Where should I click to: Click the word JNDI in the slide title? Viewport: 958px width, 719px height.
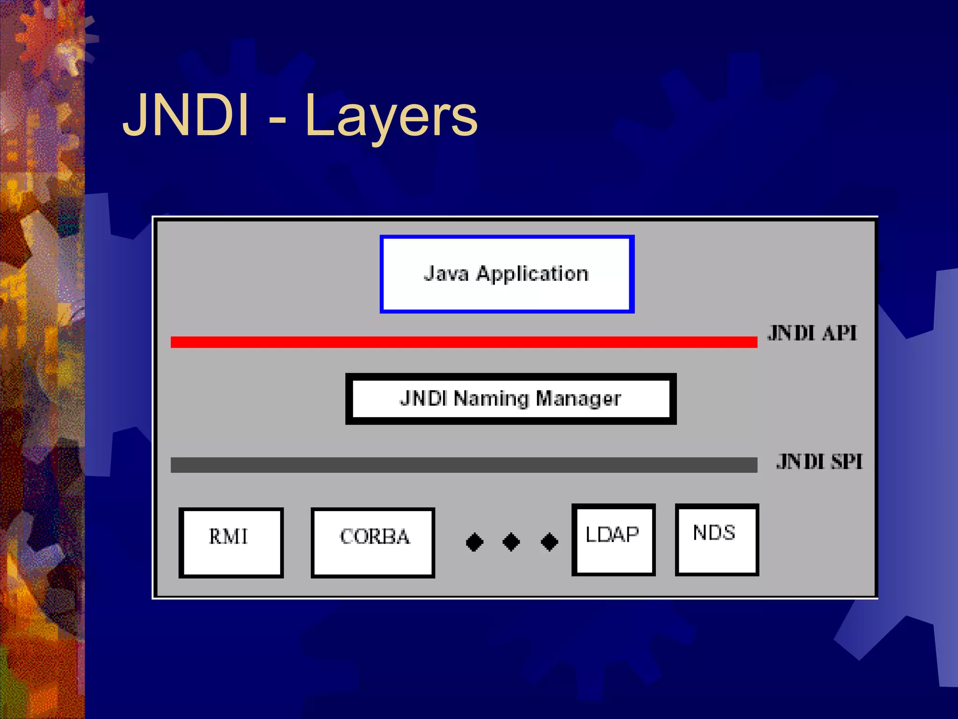185,115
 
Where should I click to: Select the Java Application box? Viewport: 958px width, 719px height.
507,274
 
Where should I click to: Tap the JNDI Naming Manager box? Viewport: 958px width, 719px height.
511,399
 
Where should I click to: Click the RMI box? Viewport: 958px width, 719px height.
231,543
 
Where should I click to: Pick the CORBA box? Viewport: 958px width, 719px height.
373,543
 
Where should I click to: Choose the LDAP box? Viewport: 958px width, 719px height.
613,540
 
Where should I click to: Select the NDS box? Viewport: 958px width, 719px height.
717,540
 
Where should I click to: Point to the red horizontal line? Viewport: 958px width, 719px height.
463,342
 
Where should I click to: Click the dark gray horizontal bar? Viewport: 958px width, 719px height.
463,465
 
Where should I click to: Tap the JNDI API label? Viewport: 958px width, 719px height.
812,333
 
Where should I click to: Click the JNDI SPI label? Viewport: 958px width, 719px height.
819,462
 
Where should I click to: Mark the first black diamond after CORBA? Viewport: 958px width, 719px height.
474,542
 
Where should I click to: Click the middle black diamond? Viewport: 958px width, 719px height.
511,542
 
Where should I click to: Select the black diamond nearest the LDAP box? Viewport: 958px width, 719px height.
549,542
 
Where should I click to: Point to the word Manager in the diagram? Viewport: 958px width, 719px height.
578,399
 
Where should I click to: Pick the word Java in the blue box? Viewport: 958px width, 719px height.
446,273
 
